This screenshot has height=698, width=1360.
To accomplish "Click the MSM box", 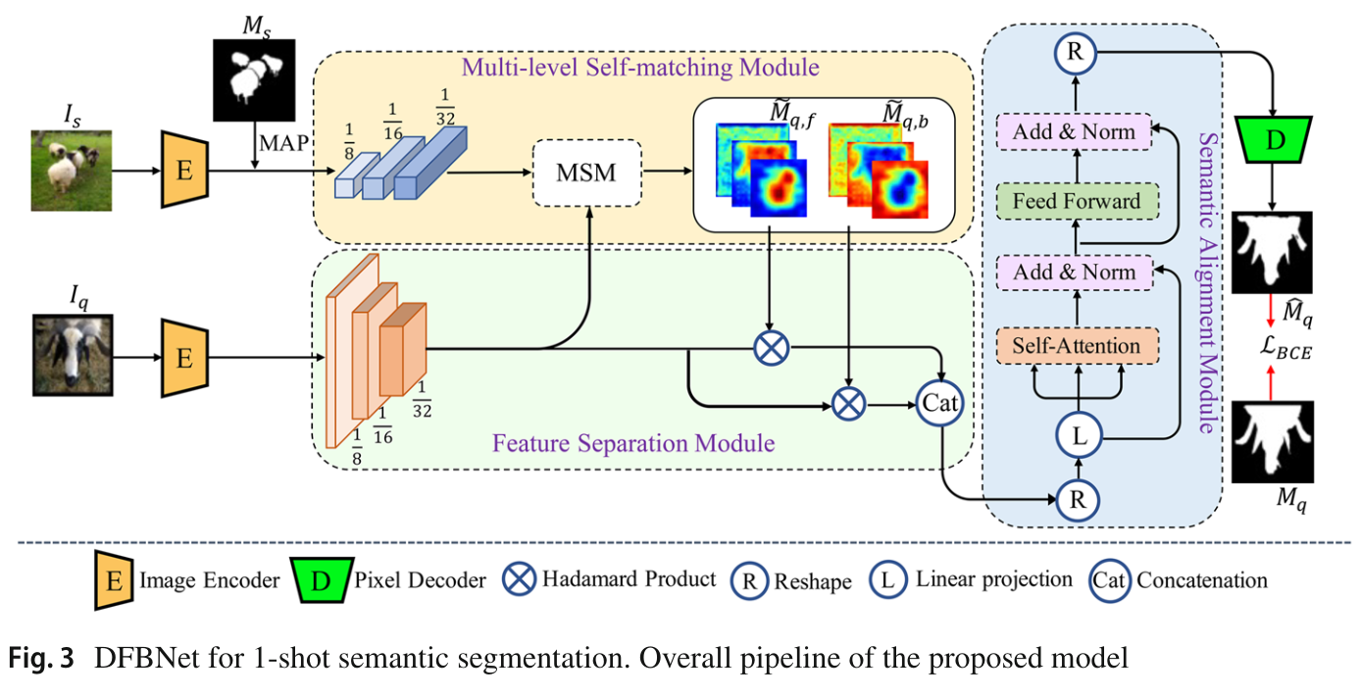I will (x=586, y=174).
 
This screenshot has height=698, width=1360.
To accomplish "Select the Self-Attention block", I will (x=1076, y=345).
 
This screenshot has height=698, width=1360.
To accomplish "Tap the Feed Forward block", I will (x=1076, y=202).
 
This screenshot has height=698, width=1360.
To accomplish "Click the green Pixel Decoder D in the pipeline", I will (x=1274, y=139).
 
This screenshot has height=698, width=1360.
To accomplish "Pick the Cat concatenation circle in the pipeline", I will (x=940, y=402).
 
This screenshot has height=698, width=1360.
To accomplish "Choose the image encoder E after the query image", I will (x=183, y=358).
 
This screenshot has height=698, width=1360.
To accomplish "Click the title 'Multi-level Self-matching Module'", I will (x=640, y=68).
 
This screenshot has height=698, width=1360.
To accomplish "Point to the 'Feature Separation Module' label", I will (x=633, y=443).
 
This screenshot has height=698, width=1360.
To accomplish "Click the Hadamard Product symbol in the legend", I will (x=520, y=579).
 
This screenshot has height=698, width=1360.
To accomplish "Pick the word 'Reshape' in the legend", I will (x=813, y=581).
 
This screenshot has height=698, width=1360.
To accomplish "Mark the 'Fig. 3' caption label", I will (x=42, y=659).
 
